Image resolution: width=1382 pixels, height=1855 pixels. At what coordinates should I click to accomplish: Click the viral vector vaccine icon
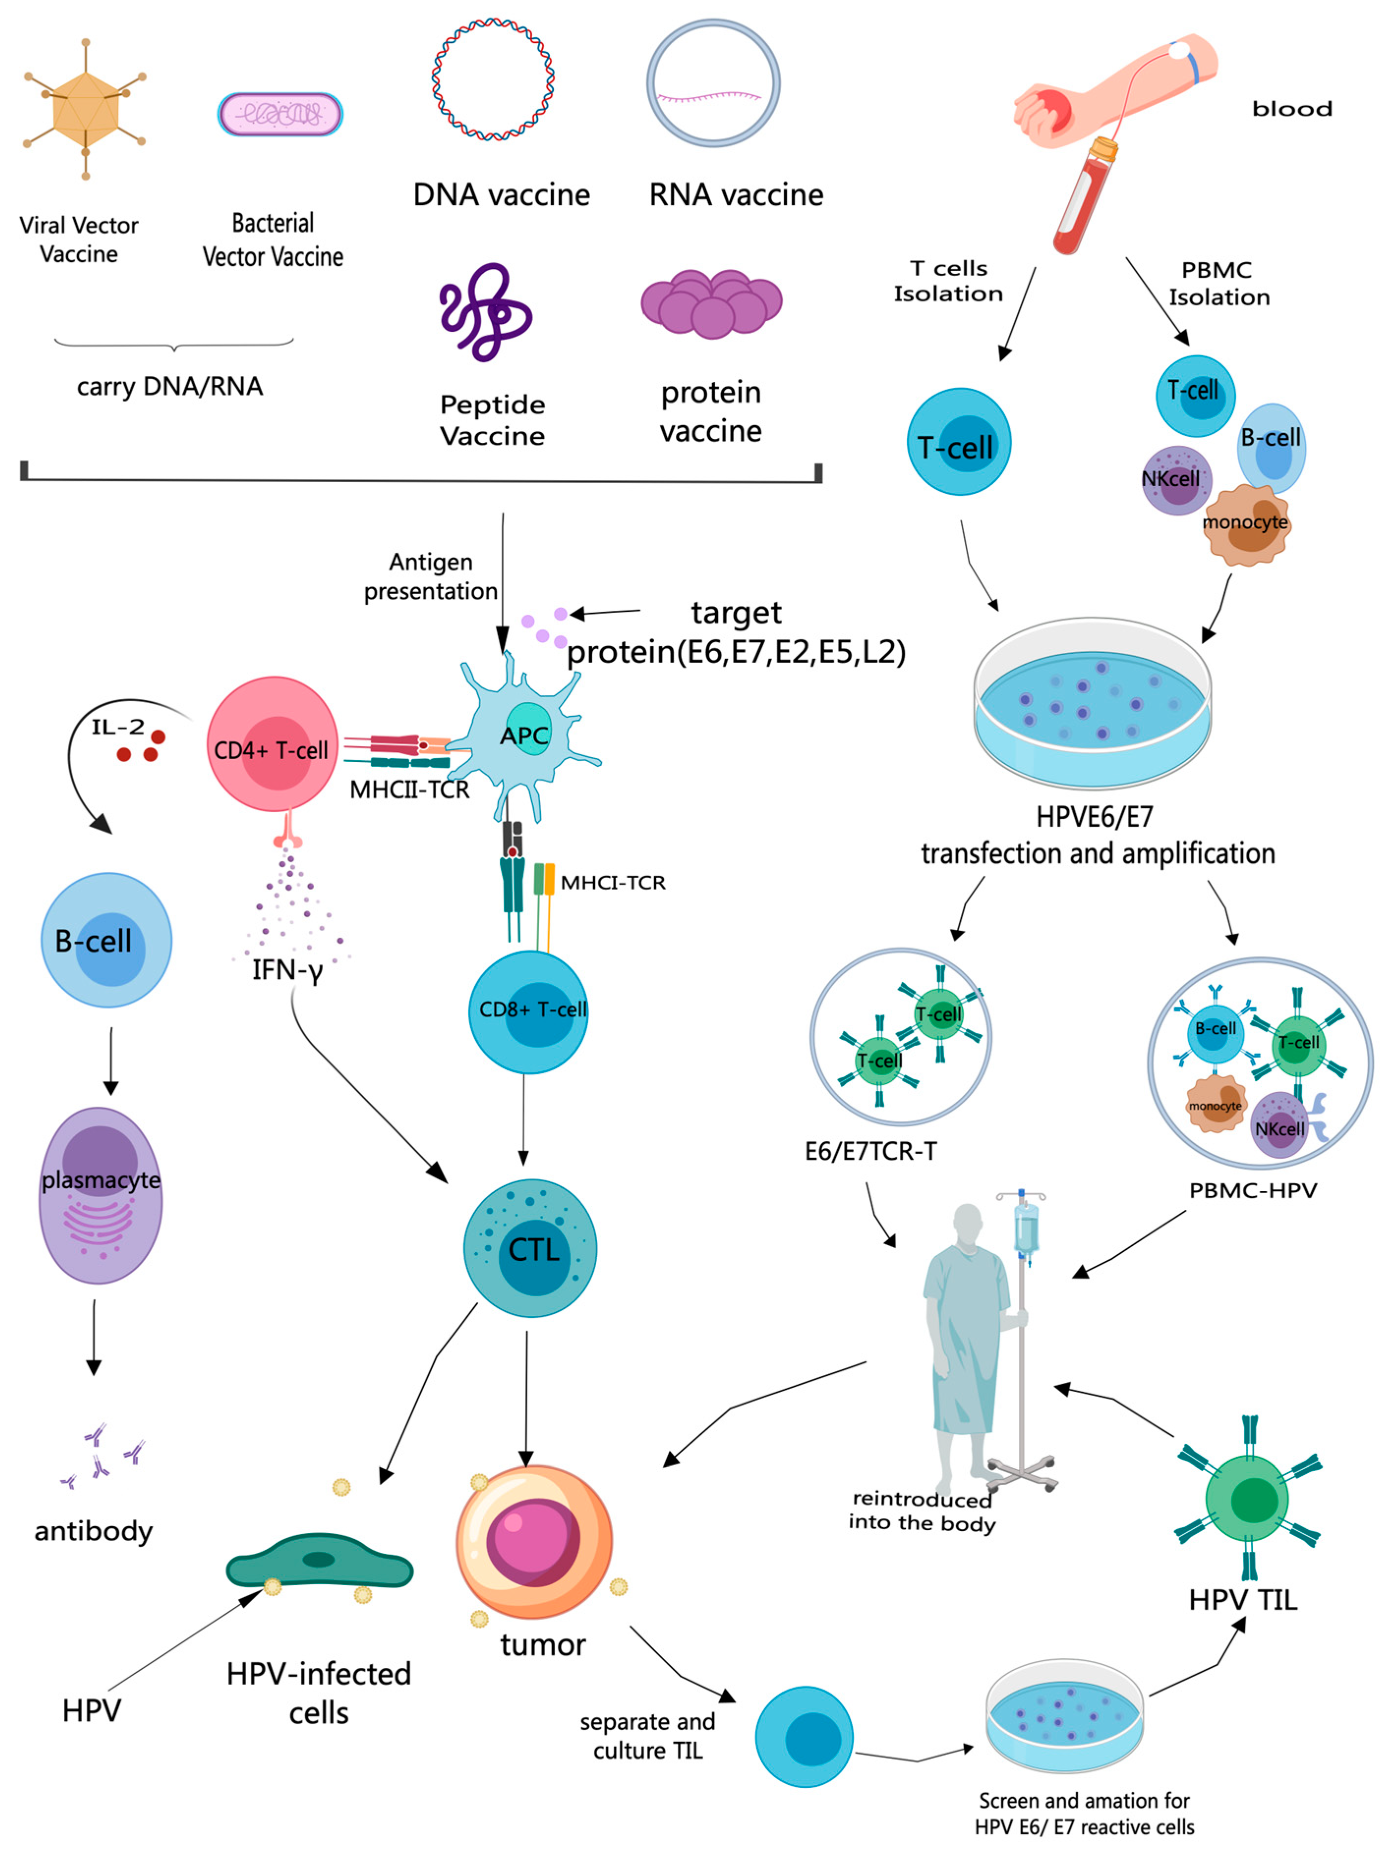(x=86, y=109)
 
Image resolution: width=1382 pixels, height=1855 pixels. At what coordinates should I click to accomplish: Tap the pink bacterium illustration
(x=280, y=114)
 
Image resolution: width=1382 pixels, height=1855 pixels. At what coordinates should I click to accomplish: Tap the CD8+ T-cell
(x=529, y=1011)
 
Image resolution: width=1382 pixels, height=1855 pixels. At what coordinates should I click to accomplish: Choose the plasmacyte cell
(x=100, y=1196)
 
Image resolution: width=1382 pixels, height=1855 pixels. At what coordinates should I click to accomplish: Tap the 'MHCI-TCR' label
(x=612, y=883)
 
